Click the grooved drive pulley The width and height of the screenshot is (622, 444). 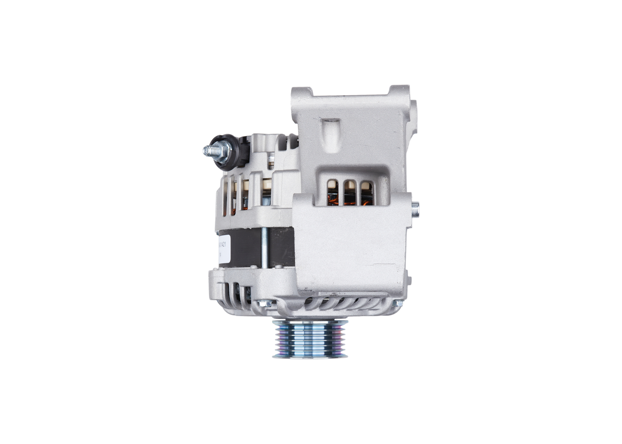pos(310,339)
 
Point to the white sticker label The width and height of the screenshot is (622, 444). pos(224,249)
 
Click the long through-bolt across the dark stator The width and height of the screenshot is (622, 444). pos(264,248)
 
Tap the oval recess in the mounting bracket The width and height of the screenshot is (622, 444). pos(330,134)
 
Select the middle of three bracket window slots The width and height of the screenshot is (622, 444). pos(349,193)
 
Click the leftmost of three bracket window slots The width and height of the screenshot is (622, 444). pos(332,193)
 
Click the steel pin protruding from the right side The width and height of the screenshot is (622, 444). pos(415,210)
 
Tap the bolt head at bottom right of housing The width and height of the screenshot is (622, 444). pos(398,303)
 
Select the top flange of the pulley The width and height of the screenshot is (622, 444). pos(310,322)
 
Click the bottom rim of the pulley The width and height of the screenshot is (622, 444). pos(310,356)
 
